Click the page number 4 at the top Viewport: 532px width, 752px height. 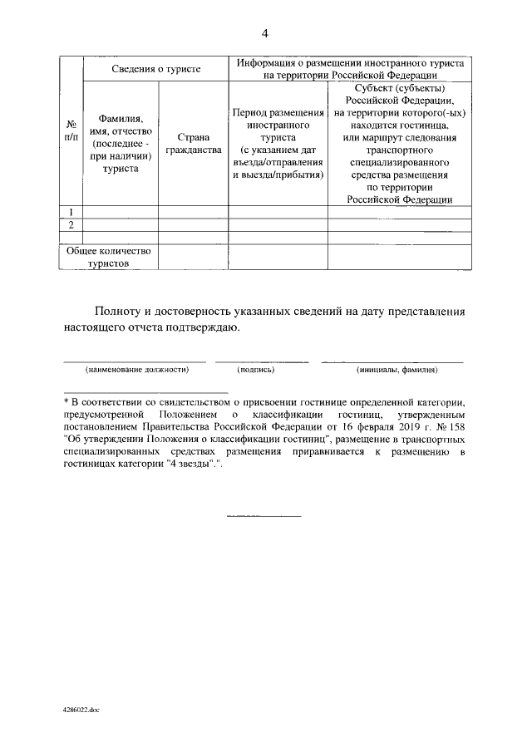[265, 33]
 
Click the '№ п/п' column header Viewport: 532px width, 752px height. [71, 130]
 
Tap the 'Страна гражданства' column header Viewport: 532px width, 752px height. [193, 144]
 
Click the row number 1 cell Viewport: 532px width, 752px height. [71, 212]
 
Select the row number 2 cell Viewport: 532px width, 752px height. [71, 225]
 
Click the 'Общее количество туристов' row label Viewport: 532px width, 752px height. [109, 256]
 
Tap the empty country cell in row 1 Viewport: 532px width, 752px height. [193, 212]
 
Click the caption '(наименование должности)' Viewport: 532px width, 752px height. [136, 369]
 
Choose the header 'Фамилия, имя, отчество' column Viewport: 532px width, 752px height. [121, 144]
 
